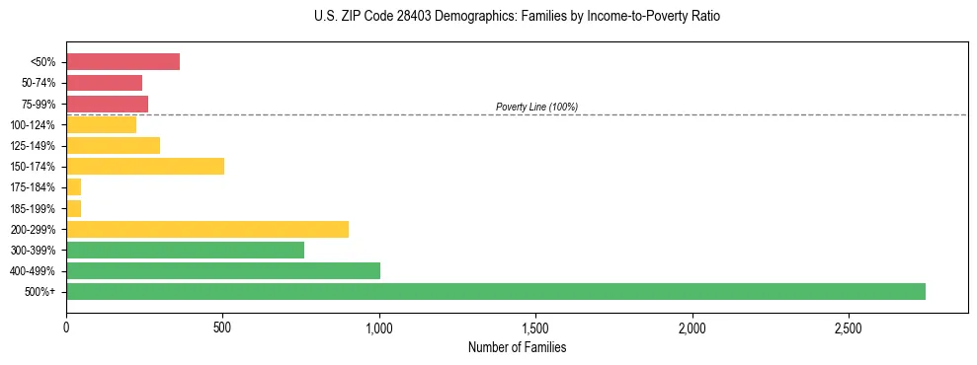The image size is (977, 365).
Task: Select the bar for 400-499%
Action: [223, 270]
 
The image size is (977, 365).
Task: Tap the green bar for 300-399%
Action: [185, 250]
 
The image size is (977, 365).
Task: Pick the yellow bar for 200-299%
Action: [207, 229]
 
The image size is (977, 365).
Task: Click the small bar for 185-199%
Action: [74, 208]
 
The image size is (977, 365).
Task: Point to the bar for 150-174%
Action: [145, 166]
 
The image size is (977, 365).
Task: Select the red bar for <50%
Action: [122, 62]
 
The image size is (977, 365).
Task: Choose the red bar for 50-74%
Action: [104, 83]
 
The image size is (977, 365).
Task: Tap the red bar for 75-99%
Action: [107, 104]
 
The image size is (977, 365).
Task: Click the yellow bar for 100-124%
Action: [101, 124]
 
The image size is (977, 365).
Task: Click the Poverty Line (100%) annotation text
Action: [536, 107]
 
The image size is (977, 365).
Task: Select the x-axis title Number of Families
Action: [517, 347]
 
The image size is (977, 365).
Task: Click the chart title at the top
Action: [518, 17]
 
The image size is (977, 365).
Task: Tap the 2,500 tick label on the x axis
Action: [849, 327]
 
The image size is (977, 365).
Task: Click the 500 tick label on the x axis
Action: [222, 327]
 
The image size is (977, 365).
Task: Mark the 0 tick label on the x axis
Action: [66, 327]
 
